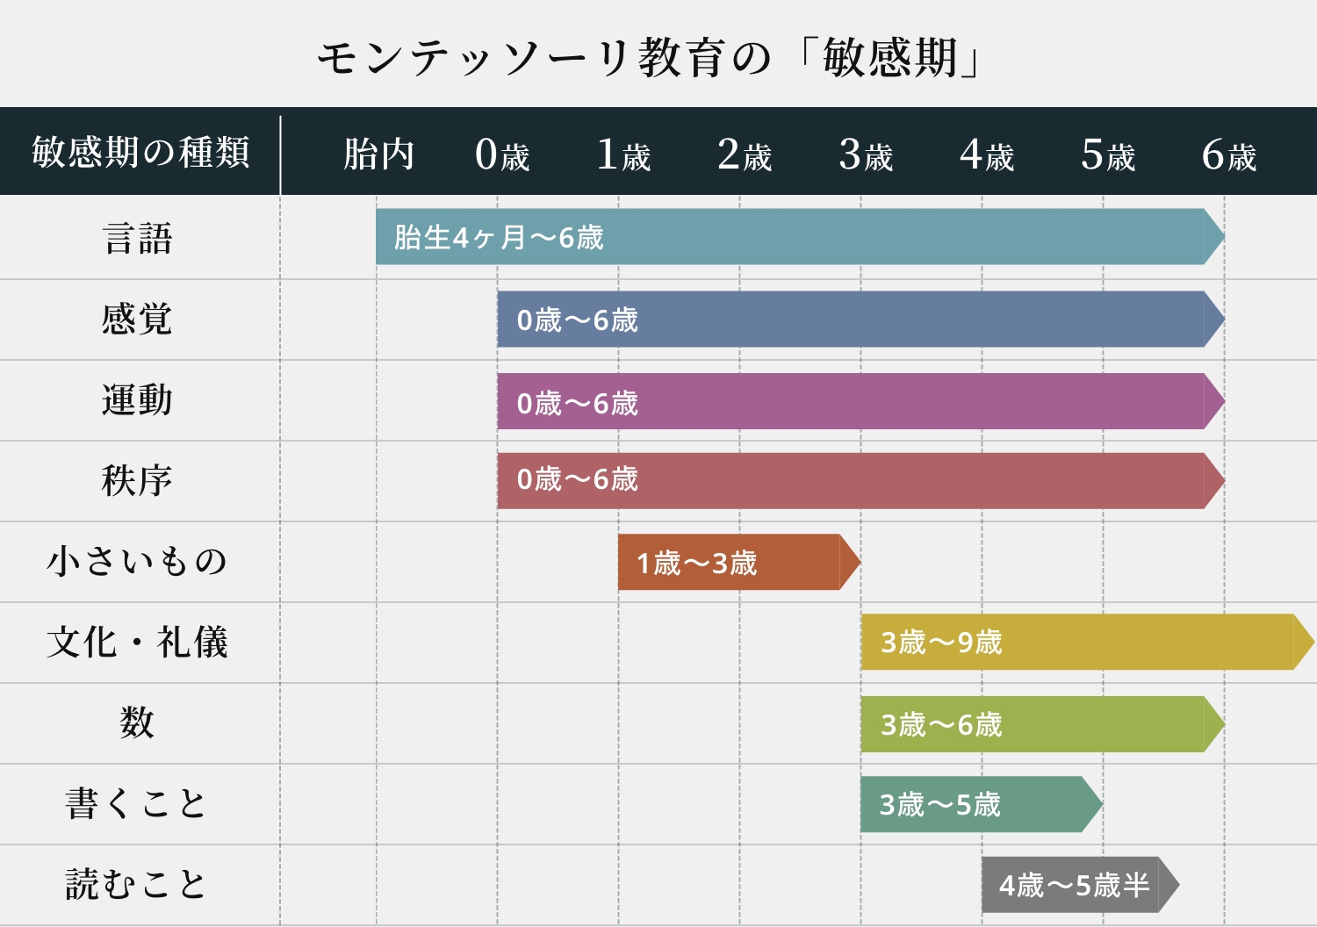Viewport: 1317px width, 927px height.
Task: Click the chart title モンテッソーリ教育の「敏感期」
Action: (x=649, y=59)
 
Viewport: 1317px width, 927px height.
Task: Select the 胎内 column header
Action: (x=378, y=154)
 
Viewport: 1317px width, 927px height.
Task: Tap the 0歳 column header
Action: (x=502, y=154)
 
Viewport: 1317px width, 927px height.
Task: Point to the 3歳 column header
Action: (x=866, y=154)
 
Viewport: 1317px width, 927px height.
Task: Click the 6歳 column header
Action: (x=1229, y=154)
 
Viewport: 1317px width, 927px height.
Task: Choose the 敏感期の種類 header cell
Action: (x=140, y=152)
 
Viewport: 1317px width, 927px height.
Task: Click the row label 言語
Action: (x=138, y=238)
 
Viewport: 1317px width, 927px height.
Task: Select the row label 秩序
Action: (x=137, y=480)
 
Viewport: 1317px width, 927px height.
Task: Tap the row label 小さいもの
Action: (x=137, y=562)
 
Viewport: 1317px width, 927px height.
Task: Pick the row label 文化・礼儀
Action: (x=137, y=643)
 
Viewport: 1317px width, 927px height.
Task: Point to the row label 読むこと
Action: (x=136, y=884)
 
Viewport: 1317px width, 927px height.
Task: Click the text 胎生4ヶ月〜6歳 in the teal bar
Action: (x=499, y=237)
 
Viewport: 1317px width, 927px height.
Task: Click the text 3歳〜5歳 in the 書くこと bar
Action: (x=939, y=805)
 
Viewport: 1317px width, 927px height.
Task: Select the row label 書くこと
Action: (x=136, y=804)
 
